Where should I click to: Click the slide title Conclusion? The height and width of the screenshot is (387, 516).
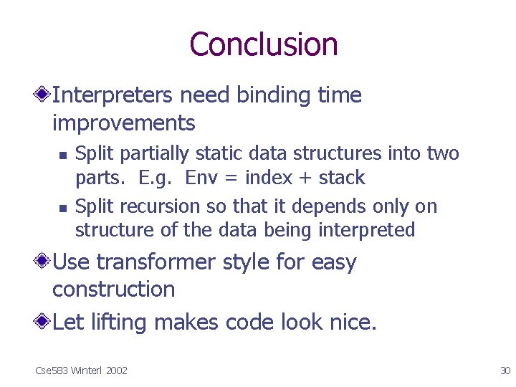pyautogui.click(x=263, y=44)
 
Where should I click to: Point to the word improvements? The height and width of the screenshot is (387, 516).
pyautogui.click(x=123, y=123)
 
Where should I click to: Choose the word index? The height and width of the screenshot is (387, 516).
pyautogui.click(x=269, y=178)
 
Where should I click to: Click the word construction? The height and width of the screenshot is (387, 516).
pyautogui.click(x=113, y=290)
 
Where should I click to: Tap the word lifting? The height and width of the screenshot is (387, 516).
pyautogui.click(x=120, y=323)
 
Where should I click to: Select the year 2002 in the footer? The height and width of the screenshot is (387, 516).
pyautogui.click(x=115, y=371)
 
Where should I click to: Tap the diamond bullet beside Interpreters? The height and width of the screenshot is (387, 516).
pyautogui.click(x=44, y=95)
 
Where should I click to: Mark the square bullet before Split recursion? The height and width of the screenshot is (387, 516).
pyautogui.click(x=63, y=208)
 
